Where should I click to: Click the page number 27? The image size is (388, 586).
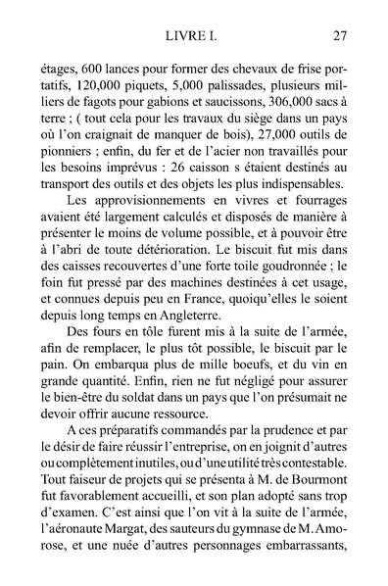pos(340,38)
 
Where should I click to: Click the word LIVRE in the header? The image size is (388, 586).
pos(181,38)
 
